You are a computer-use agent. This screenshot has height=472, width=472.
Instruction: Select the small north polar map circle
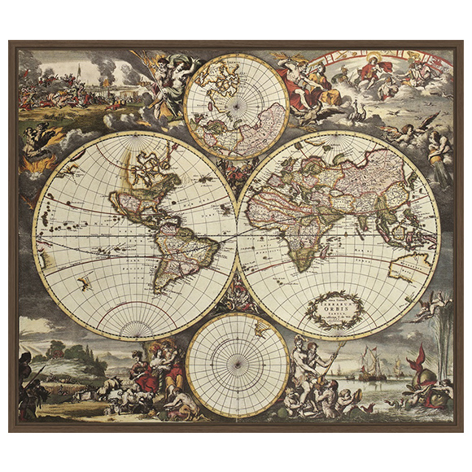pyautogui.click(x=236, y=106)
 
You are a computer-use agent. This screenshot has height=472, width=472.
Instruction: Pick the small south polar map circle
pyautogui.click(x=237, y=365)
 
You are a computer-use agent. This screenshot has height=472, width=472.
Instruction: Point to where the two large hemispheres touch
pyautogui.click(x=237, y=235)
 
